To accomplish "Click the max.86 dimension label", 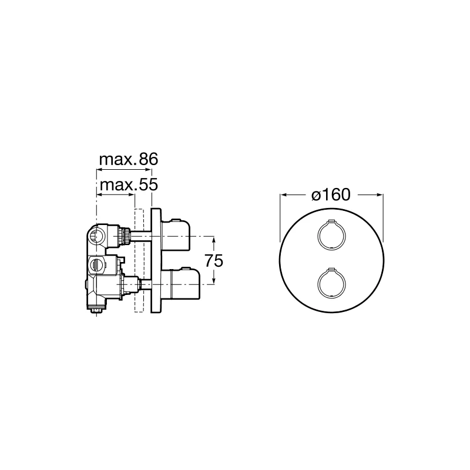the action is point(128,159).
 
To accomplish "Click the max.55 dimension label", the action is point(129,185).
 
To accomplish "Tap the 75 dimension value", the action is point(214,260).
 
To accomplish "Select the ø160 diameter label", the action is point(331,195).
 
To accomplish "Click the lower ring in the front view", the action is point(318,283).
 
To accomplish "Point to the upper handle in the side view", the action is point(176,234).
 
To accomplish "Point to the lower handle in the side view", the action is point(180,283).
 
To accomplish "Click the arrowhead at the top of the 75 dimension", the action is point(214,239).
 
